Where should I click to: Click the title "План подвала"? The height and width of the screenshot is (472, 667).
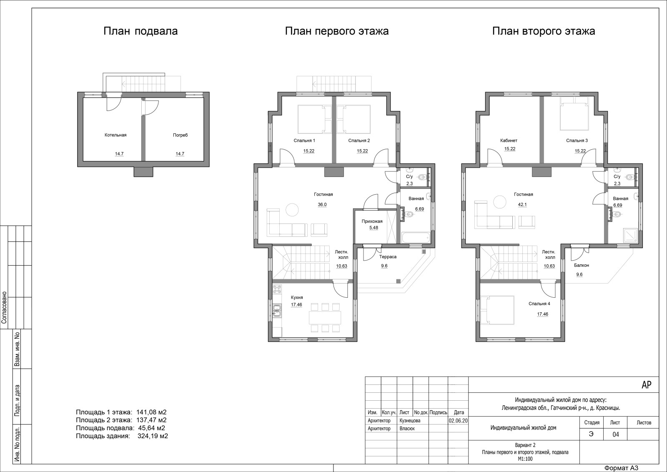[140, 31]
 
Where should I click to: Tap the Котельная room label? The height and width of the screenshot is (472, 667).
[115, 135]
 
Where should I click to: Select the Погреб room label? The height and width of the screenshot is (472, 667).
[180, 135]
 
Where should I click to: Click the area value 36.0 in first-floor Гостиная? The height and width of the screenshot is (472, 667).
[322, 205]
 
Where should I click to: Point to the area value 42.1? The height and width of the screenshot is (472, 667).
[522, 205]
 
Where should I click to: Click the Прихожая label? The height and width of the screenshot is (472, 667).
[372, 221]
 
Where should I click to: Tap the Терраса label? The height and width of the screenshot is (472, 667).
[388, 257]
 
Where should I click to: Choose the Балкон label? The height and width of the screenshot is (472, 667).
[582, 265]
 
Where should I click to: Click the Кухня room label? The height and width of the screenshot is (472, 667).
[297, 297]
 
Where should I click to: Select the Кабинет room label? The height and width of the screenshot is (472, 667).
[509, 140]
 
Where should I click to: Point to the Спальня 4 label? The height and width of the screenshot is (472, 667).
[539, 304]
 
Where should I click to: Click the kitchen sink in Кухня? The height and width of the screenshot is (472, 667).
[277, 310]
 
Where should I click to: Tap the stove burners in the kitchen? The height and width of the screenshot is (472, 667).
[277, 289]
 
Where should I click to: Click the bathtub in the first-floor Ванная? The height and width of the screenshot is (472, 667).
[416, 238]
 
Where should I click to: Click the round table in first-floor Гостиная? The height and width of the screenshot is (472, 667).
[292, 210]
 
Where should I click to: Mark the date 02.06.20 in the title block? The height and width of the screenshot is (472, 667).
[458, 420]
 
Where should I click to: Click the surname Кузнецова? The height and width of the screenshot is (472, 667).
[410, 420]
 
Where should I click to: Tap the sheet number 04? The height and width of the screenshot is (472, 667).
[615, 434]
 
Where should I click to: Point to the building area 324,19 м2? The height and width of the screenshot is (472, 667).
[153, 436]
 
